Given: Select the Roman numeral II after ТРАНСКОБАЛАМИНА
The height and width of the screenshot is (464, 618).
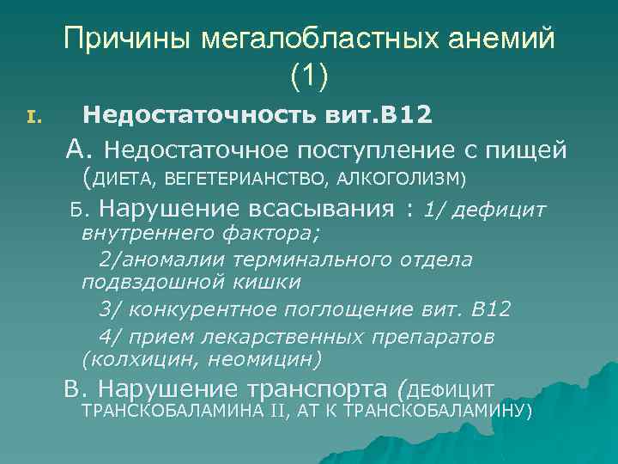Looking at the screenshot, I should (276, 411).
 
